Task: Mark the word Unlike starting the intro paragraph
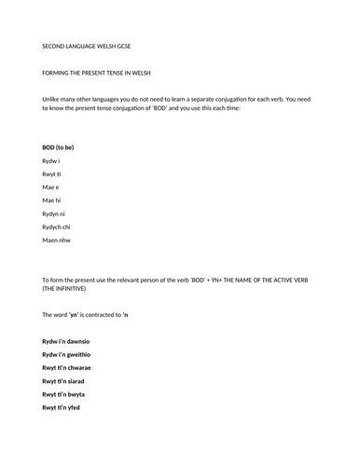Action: pos(53,98)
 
